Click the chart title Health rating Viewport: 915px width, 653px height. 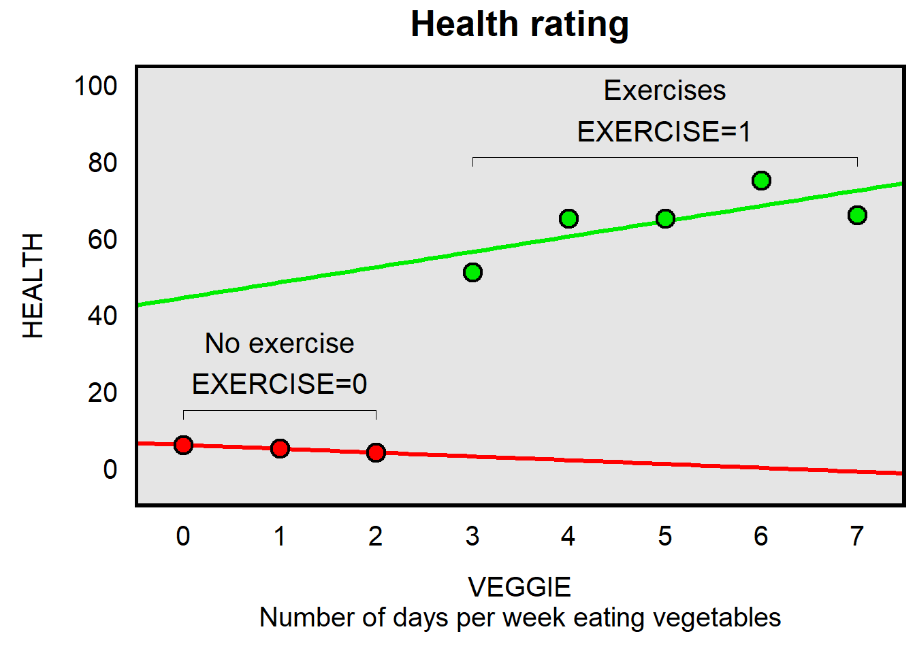click(x=519, y=24)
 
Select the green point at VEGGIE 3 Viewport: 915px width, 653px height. click(x=472, y=273)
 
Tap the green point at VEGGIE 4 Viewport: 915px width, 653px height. click(x=568, y=218)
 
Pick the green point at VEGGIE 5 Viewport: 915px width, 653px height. click(x=665, y=218)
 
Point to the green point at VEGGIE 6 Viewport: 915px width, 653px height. click(x=761, y=180)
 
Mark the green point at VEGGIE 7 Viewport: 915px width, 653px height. click(x=857, y=215)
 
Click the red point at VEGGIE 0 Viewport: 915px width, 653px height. click(x=183, y=445)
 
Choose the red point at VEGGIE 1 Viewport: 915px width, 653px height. click(x=280, y=448)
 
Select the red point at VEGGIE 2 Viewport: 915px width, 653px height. click(x=376, y=452)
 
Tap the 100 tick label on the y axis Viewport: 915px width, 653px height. click(x=96, y=86)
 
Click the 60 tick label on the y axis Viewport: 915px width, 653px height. click(x=102, y=239)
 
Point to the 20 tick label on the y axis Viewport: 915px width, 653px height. click(x=102, y=392)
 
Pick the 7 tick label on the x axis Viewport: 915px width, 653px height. click(x=857, y=537)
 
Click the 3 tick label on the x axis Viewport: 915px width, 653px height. click(x=472, y=537)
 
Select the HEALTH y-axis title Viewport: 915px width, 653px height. click(x=33, y=286)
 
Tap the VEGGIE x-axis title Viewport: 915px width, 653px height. click(x=519, y=587)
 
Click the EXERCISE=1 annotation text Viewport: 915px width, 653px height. click(x=664, y=131)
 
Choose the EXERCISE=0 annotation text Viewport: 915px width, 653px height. click(x=279, y=384)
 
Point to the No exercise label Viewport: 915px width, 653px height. click(x=279, y=344)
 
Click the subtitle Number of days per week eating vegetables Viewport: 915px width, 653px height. click(x=519, y=618)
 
